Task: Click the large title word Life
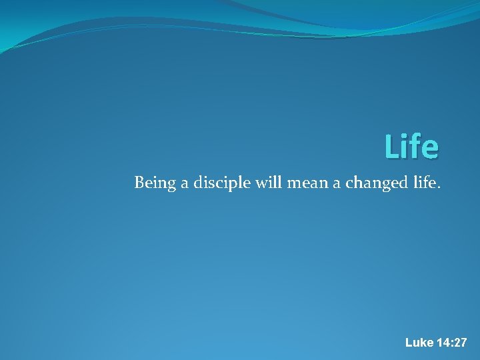[x=411, y=147]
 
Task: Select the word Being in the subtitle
[x=151, y=183]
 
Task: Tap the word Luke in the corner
[x=419, y=343]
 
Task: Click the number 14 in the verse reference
[x=443, y=343]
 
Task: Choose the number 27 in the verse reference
[x=461, y=343]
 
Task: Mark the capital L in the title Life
[x=391, y=147]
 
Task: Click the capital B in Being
[x=139, y=182]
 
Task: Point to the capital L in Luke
[x=409, y=343]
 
